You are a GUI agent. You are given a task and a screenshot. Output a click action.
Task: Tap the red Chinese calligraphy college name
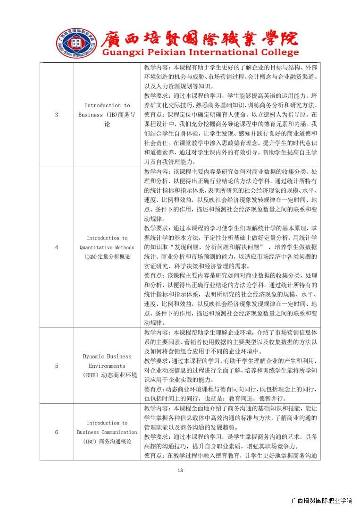pyautogui.click(x=199, y=38)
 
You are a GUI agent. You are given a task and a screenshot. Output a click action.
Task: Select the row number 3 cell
pyautogui.click(x=57, y=115)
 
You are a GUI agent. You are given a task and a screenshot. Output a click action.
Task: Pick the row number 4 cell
pyautogui.click(x=57, y=247)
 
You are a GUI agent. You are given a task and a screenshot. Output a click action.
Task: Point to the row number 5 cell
pyautogui.click(x=57, y=365)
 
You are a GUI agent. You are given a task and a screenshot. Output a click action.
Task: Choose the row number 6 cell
pyautogui.click(x=57, y=432)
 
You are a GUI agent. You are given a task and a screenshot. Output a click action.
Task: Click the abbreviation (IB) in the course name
pyautogui.click(x=111, y=115)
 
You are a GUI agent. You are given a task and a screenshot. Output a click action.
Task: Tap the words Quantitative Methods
pyautogui.click(x=107, y=247)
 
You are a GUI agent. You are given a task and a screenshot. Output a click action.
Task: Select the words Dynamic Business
pyautogui.click(x=107, y=356)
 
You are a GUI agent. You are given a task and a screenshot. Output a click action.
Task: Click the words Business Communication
pyautogui.click(x=107, y=432)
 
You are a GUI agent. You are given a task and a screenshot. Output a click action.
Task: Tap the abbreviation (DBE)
pyautogui.click(x=92, y=375)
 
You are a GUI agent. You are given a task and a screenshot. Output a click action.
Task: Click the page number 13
pyautogui.click(x=180, y=470)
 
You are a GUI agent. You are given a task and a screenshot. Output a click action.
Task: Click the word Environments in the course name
pyautogui.click(x=107, y=365)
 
